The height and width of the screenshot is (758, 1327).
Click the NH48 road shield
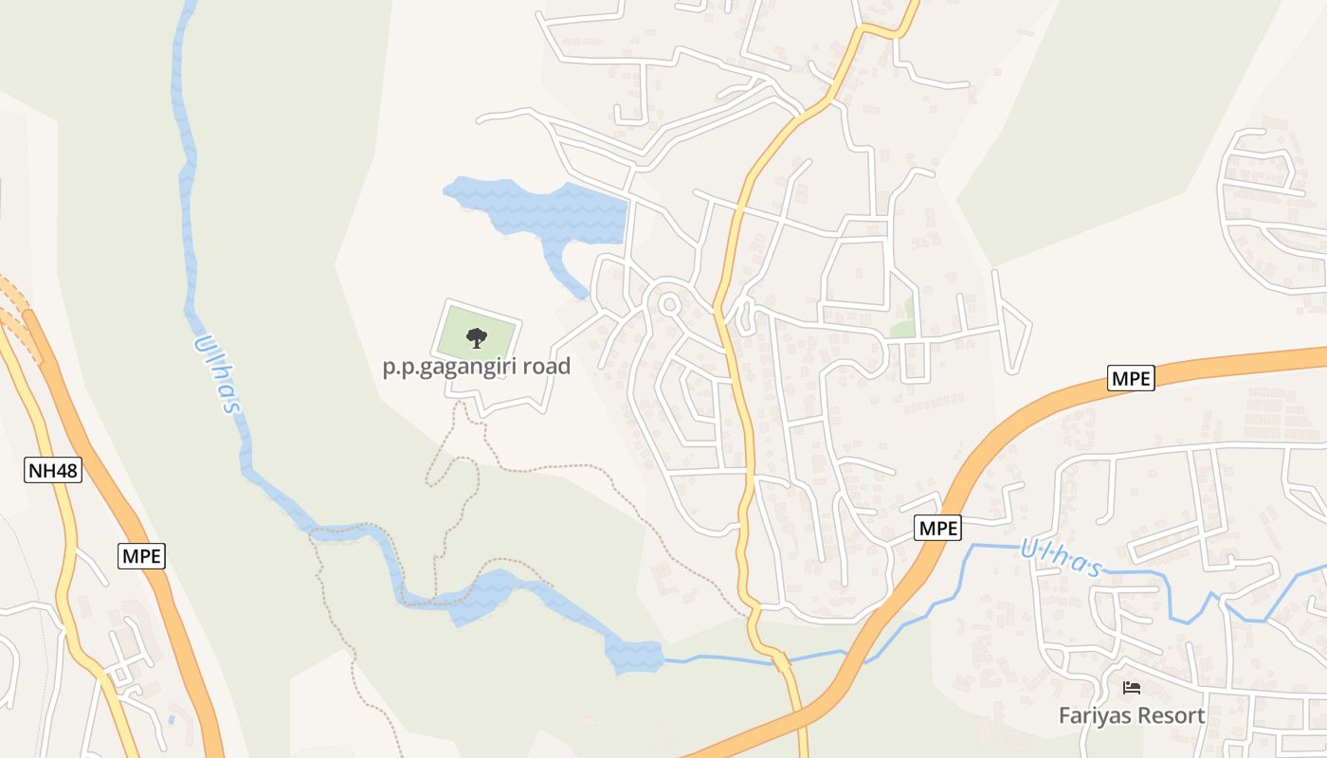pos(53,470)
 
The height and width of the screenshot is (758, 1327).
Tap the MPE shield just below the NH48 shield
pos(142,555)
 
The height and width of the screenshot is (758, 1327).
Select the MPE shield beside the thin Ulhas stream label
pos(938,528)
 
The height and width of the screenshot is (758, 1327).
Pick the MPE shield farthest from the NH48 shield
pos(1131,379)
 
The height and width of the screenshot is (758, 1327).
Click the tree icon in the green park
pos(477,337)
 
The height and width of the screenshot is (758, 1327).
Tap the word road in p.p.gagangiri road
pos(546,366)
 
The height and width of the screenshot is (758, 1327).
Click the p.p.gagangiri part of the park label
pos(449,367)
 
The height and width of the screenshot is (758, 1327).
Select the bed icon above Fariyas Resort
pos(1131,688)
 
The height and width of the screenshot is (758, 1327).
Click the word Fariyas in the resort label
pos(1092,715)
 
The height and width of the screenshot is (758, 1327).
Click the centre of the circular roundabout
pos(668,304)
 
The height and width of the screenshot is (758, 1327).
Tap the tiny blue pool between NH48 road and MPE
pos(171,720)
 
